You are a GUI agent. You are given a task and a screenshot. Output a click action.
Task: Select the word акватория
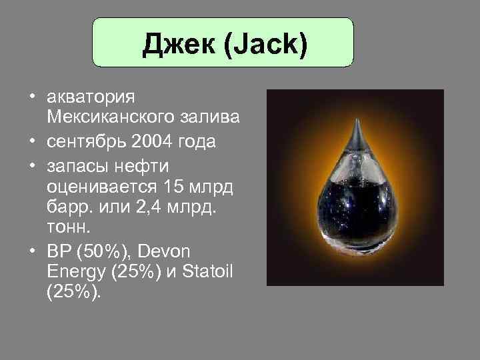(x=92, y=97)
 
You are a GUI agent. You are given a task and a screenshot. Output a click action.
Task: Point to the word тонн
(x=66, y=229)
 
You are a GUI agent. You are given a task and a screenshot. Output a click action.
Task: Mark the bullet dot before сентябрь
(x=32, y=142)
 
